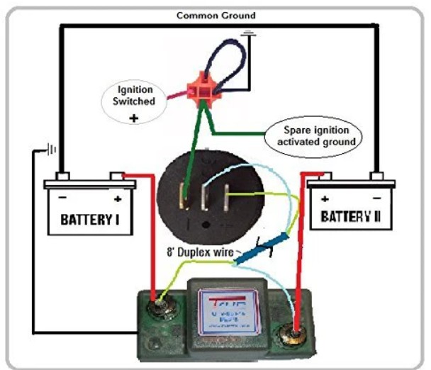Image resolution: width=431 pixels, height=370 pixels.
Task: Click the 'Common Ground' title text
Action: coord(216,15)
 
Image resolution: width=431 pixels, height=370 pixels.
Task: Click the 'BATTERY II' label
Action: coord(351,215)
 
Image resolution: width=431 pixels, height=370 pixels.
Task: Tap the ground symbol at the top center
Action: coord(248,33)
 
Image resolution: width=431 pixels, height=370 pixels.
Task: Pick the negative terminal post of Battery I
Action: coord(62,176)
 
